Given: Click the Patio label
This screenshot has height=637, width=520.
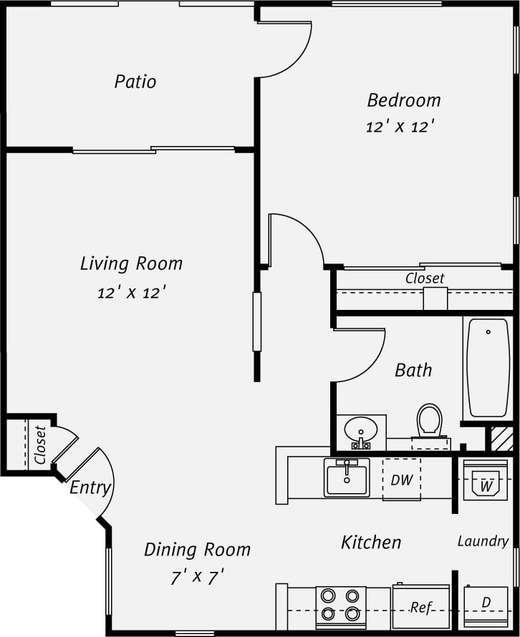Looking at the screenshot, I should pyautogui.click(x=135, y=82).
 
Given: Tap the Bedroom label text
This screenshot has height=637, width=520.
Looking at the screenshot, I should pyautogui.click(x=404, y=99).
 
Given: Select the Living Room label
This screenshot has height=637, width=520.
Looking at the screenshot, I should pyautogui.click(x=131, y=263).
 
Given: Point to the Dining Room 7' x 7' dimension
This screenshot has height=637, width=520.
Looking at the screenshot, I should pyautogui.click(x=198, y=577).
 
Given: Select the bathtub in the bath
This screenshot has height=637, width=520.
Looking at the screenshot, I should pyautogui.click(x=488, y=368).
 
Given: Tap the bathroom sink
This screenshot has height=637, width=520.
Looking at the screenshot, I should pyautogui.click(x=360, y=432).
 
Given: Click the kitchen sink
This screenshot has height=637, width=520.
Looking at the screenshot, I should pyautogui.click(x=347, y=478).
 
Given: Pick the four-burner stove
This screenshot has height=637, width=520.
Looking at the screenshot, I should pyautogui.click(x=341, y=605).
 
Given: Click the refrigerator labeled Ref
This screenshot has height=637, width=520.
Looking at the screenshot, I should pyautogui.click(x=420, y=608).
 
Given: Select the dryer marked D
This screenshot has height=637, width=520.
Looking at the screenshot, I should pyautogui.click(x=486, y=606).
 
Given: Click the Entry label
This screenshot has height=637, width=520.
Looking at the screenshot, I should pyautogui.click(x=90, y=488).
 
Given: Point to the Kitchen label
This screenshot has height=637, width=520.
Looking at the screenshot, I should pyautogui.click(x=371, y=542).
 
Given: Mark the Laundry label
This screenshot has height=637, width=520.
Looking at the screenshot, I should pyautogui.click(x=483, y=541).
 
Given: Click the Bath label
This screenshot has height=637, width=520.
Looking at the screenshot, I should pyautogui.click(x=414, y=370).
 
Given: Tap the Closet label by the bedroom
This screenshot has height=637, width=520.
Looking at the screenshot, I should pyautogui.click(x=425, y=278).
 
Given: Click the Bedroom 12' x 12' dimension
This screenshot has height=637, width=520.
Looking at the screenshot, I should pyautogui.click(x=401, y=127).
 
